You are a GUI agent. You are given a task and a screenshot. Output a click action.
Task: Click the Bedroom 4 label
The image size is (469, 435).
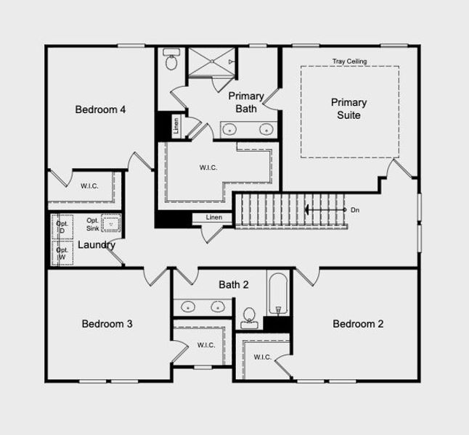point(100,109)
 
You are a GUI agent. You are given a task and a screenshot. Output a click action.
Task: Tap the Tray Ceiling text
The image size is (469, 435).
point(349,61)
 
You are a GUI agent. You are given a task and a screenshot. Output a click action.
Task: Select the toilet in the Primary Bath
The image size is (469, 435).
point(171,59)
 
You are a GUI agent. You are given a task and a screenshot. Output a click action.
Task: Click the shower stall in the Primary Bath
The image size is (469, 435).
point(212,61)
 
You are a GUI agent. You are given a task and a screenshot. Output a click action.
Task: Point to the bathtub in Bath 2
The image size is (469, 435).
point(278,294)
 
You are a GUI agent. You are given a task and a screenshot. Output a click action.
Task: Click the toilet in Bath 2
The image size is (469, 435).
point(249,318)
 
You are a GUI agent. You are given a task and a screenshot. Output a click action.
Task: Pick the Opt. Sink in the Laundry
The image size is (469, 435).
point(111,223)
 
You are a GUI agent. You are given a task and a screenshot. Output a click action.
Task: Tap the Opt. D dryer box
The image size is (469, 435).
point(62,227)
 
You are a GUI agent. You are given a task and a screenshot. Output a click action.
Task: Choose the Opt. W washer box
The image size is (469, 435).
point(62,253)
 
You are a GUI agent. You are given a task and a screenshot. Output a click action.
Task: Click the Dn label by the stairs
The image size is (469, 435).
point(355,210)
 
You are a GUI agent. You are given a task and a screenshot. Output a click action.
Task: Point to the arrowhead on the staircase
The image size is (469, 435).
point(306,210)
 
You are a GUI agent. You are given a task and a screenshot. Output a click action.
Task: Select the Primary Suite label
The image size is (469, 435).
point(348,109)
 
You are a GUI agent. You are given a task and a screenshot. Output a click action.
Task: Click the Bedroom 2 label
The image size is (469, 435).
point(358,324)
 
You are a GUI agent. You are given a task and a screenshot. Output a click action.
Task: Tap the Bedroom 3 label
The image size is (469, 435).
point(107,324)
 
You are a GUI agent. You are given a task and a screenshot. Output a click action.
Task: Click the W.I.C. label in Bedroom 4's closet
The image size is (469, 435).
point(89,186)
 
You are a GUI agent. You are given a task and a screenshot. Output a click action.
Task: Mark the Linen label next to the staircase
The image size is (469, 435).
point(214,217)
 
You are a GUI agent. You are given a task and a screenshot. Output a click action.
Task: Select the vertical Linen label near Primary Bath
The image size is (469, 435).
point(176,126)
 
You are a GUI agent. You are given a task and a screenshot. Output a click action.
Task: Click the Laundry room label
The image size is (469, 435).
point(97,245)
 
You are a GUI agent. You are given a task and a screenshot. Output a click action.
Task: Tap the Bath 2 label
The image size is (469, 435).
point(234,285)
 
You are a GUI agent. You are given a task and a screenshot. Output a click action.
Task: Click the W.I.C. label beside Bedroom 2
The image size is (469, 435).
point(263,357)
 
